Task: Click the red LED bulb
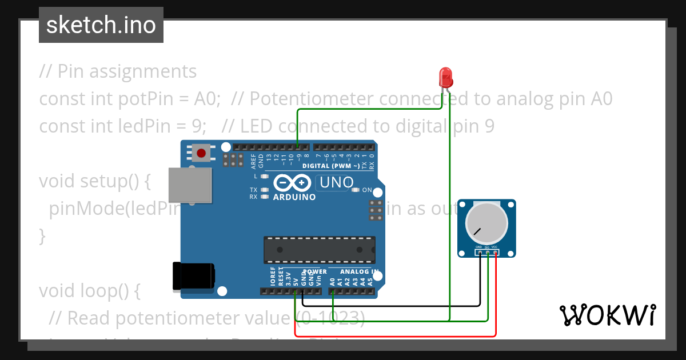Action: pyautogui.click(x=445, y=77)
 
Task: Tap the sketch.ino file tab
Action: pyautogui.click(x=101, y=25)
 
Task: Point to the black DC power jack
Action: pyautogui.click(x=193, y=276)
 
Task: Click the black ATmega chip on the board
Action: pyautogui.click(x=319, y=250)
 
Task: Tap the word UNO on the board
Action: pyautogui.click(x=333, y=183)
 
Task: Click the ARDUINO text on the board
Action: pyautogui.click(x=294, y=197)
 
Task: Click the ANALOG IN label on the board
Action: pyautogui.click(x=359, y=272)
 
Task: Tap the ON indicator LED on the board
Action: pyautogui.click(x=356, y=190)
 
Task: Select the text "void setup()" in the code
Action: pyautogui.click(x=94, y=181)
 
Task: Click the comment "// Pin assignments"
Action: pyautogui.click(x=118, y=71)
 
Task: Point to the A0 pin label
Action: pyautogui.click(x=332, y=281)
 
